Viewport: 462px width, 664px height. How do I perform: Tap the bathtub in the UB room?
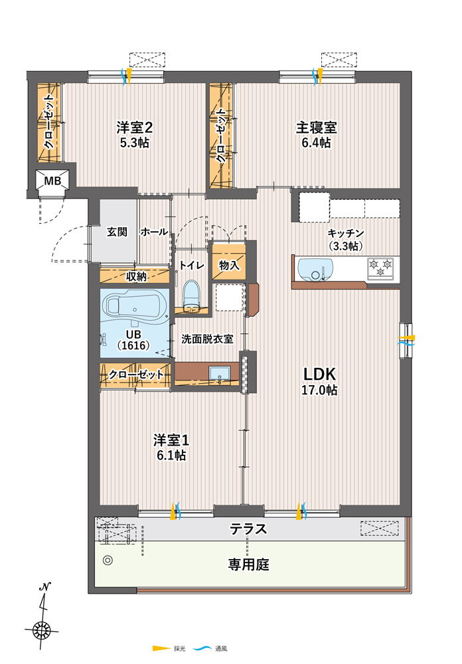(133, 306)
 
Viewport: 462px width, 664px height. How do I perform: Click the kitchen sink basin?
(315, 268)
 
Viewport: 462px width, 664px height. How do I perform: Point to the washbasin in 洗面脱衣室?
(219, 374)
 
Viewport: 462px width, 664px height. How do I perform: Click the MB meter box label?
(52, 181)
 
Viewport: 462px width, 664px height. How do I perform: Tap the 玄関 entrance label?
(117, 232)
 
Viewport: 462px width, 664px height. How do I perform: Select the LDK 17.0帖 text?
(319, 381)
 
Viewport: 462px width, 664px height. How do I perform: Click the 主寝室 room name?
(317, 127)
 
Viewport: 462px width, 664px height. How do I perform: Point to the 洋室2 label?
(134, 127)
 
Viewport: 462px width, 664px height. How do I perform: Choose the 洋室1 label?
(171, 440)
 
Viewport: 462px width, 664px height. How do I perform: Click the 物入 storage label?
(229, 266)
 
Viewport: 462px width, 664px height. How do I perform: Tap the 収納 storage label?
(136, 276)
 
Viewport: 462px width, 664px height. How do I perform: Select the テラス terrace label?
(248, 529)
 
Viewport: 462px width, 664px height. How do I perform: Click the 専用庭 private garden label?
(248, 564)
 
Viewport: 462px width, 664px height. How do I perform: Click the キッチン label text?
(346, 233)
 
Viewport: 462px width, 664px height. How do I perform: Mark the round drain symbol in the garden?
(108, 560)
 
